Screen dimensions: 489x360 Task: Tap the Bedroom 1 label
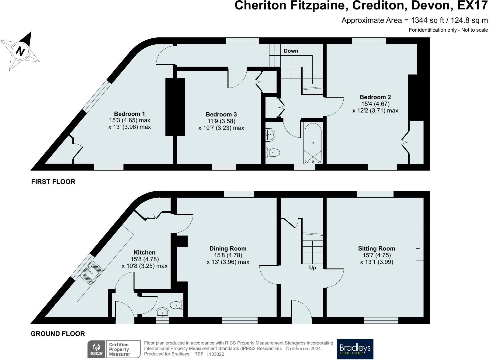[129, 114]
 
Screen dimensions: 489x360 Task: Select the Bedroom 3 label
[221, 114]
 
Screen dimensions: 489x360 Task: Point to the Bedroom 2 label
[375, 97]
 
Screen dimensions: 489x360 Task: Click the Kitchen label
[144, 252]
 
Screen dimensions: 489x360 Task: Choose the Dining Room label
[228, 248]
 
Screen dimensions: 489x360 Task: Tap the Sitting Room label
[376, 248]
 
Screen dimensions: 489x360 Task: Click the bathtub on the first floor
[313, 143]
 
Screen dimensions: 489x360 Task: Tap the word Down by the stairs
[291, 51]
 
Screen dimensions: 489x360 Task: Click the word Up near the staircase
[312, 268]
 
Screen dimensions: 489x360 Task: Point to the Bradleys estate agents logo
[355, 349]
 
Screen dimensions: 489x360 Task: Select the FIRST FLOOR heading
[53, 182]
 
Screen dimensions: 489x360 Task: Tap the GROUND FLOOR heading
[58, 334]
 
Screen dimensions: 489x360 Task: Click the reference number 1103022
[215, 354]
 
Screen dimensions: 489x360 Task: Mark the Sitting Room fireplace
[419, 242]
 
